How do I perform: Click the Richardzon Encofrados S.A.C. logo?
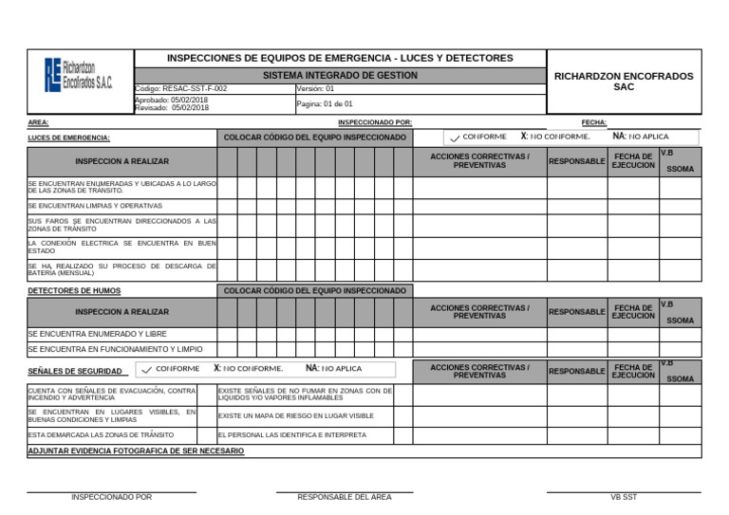coord(79,75)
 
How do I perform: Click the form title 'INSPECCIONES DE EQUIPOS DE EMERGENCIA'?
coord(340,58)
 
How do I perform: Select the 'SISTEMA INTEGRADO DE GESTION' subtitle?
coord(340,75)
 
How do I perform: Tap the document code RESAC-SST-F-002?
coord(181,88)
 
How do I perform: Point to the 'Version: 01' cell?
coord(316,88)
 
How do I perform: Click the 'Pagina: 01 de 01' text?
coord(325,104)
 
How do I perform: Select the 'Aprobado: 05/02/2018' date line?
coord(172,100)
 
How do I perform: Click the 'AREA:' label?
coord(38,122)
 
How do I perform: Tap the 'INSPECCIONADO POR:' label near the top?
coord(375,122)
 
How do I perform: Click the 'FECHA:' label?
coord(593,122)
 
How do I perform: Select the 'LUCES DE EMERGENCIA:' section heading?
coord(68,138)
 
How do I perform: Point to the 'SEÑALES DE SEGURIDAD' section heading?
coord(74,371)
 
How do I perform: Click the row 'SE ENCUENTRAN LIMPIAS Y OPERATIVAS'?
coord(95,206)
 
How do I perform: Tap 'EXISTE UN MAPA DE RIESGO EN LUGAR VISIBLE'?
coord(296,415)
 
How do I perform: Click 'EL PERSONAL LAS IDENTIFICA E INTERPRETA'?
coord(292,435)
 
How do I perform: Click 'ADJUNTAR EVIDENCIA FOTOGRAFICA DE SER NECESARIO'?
coord(136,451)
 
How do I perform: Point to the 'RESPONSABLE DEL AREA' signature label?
coord(344,497)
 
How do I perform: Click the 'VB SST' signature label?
coord(624,497)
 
